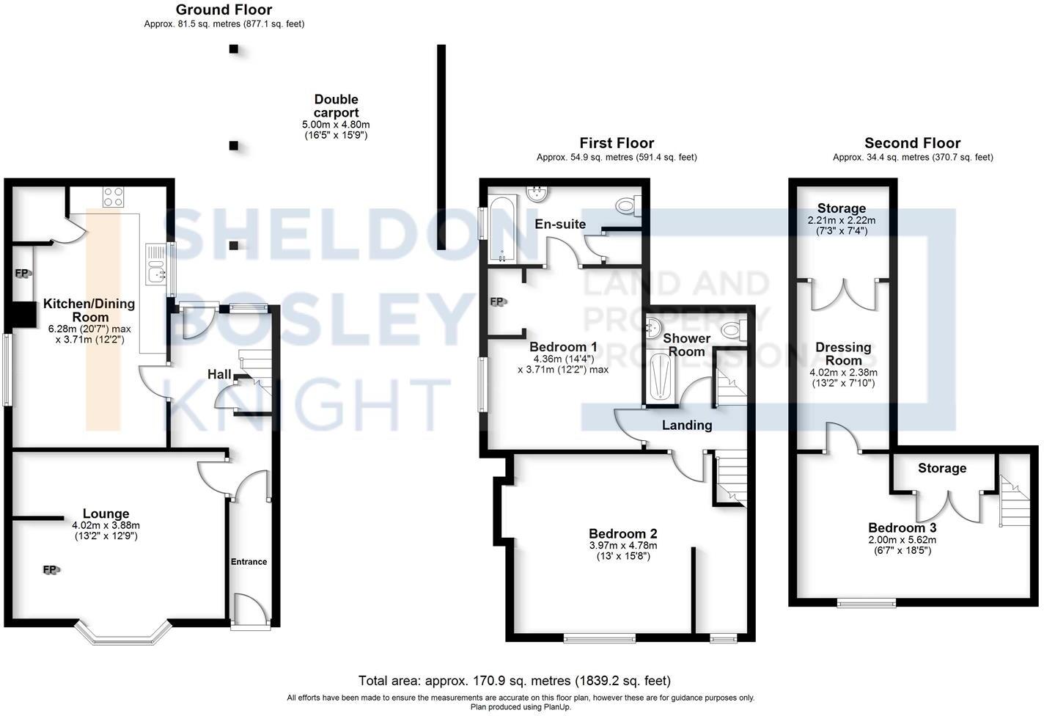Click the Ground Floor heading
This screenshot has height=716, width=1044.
[x=224, y=10]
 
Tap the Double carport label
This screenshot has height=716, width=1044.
[x=336, y=106]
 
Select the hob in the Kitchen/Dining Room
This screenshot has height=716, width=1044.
[x=114, y=196]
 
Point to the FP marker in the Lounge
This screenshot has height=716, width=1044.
[x=50, y=569]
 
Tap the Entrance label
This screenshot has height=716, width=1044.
[x=249, y=561]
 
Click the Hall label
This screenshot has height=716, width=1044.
[x=219, y=374]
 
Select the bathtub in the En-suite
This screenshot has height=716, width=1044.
[x=503, y=229]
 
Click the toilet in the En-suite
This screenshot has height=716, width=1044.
[x=628, y=207]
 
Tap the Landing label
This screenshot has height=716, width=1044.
[x=686, y=425]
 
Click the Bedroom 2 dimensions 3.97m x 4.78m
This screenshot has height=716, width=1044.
[x=622, y=545]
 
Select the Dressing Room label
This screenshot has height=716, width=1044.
[x=843, y=354]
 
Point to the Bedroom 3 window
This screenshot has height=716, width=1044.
[x=867, y=603]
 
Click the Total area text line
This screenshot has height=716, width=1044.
[x=514, y=681]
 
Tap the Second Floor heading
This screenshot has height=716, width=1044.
[x=912, y=143]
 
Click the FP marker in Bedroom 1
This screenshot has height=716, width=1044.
[x=497, y=302]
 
